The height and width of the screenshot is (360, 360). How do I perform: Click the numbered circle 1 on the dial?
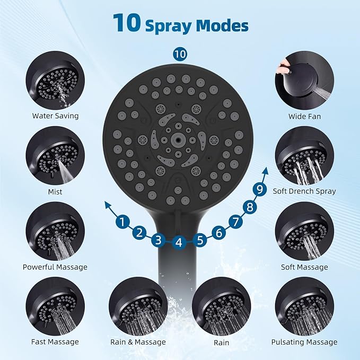123,222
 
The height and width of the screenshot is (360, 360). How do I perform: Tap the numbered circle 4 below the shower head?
179,243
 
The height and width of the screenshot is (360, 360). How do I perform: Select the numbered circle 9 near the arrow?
260,188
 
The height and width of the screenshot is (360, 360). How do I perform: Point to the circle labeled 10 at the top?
180,54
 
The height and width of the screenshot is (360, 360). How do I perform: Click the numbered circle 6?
218,232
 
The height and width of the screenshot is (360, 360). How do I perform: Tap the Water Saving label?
55,116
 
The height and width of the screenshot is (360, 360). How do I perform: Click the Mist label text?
55,191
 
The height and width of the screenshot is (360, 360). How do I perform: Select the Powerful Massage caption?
55,267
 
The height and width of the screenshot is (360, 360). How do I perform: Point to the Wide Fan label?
304,116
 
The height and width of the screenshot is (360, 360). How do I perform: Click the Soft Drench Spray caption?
304,191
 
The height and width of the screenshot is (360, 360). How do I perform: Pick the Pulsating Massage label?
304,343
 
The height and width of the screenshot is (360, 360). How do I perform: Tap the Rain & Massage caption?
138,343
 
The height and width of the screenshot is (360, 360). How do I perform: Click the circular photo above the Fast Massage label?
55,306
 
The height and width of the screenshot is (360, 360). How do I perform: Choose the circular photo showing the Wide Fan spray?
304,80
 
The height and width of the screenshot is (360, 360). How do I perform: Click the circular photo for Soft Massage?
304,231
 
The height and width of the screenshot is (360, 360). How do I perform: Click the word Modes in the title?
223,25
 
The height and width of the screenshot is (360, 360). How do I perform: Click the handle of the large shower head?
179,276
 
